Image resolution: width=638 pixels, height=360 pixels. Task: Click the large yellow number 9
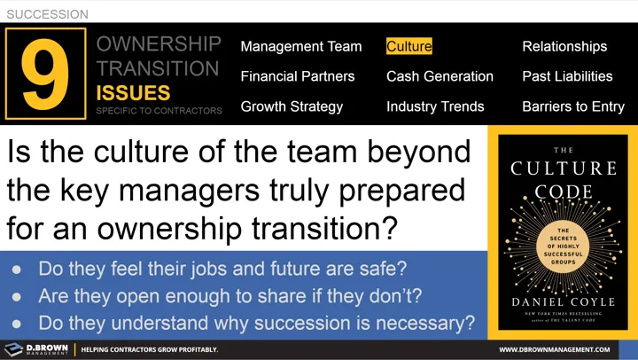46,75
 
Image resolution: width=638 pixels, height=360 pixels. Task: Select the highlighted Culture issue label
409,46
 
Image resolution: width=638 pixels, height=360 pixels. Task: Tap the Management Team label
301,46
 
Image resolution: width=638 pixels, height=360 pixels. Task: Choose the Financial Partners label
298,76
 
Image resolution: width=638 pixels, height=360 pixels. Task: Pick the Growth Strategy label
292,106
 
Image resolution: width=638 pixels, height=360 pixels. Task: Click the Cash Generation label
440,76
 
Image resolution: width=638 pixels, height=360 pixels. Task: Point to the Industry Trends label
435,106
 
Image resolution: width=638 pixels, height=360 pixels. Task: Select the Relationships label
564,46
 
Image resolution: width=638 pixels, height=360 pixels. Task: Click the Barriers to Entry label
573,106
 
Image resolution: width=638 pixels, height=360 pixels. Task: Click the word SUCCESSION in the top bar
47,14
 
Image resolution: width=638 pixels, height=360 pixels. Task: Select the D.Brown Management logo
36,349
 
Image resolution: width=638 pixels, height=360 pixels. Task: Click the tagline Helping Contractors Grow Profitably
151,350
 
